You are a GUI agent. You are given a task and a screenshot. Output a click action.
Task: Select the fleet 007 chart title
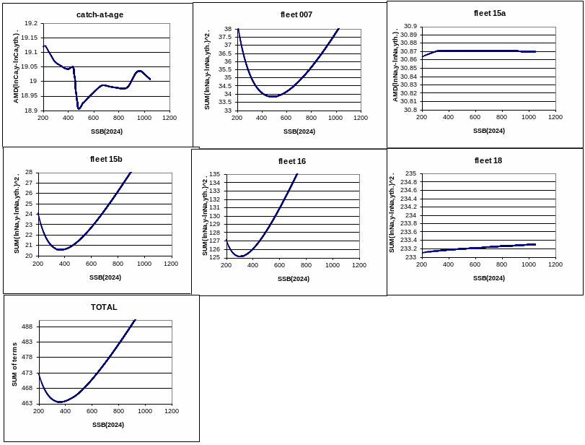[x=296, y=14]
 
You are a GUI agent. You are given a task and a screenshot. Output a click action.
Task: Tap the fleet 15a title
[x=489, y=13]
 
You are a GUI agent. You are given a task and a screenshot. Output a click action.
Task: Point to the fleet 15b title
[x=106, y=159]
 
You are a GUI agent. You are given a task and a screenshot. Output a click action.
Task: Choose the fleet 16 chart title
[x=292, y=161]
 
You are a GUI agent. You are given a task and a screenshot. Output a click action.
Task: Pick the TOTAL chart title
[x=104, y=307]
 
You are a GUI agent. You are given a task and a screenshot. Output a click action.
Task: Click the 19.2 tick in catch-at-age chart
[x=30, y=24]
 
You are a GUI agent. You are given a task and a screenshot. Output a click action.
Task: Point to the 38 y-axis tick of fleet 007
[x=227, y=29]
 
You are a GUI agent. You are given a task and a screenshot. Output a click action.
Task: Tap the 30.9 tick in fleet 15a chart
[x=410, y=26]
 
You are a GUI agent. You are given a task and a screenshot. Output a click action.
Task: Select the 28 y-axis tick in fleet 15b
[x=29, y=172]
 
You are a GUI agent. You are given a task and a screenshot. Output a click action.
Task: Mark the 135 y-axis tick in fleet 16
[x=214, y=175]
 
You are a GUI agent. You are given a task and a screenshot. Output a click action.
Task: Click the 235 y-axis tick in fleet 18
[x=410, y=173]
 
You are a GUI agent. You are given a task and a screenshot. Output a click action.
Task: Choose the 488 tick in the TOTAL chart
[x=27, y=327]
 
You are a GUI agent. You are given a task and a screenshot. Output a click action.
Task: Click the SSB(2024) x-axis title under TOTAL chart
[x=108, y=425]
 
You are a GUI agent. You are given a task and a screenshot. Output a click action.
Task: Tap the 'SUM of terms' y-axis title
[x=14, y=364]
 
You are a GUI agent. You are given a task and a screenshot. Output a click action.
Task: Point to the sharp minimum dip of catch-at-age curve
[x=78, y=108]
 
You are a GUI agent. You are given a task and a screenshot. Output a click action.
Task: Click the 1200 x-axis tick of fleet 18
[x=555, y=264]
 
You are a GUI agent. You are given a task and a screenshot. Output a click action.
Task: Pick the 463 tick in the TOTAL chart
[x=27, y=403]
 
